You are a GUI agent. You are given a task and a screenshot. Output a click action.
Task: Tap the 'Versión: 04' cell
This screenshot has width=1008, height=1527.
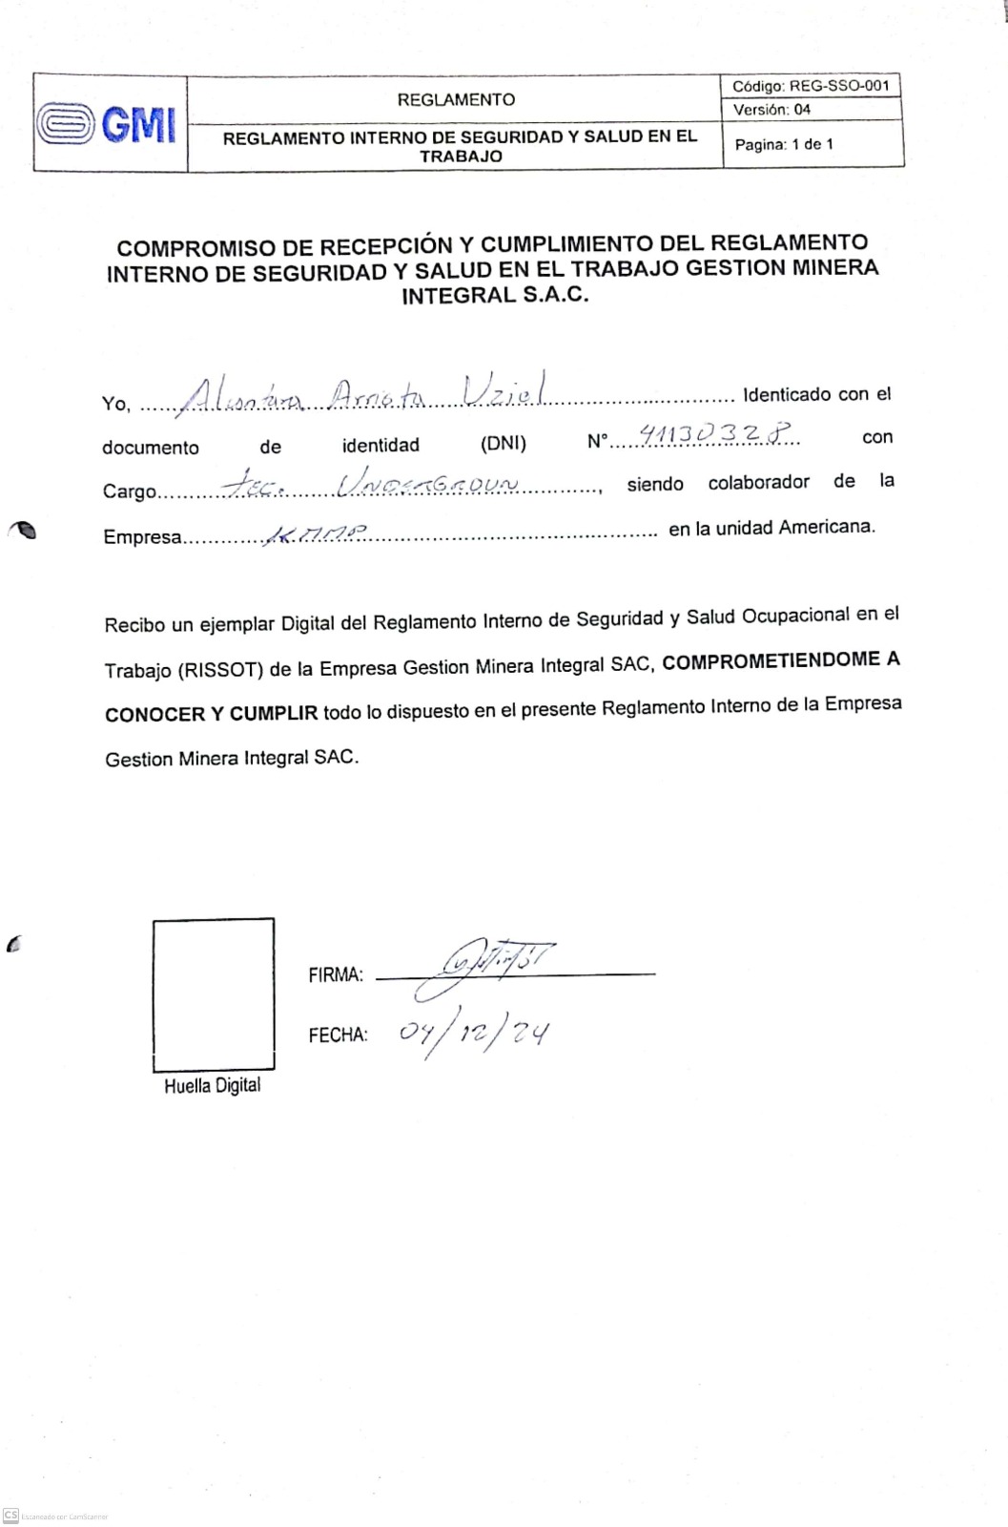(x=771, y=110)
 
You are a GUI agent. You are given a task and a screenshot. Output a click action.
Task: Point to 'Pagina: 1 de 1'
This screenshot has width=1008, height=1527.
(x=784, y=145)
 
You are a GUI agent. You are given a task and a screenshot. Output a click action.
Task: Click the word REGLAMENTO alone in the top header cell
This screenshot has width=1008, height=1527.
(x=456, y=100)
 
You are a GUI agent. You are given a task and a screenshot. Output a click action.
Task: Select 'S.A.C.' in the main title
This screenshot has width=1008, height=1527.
(x=555, y=295)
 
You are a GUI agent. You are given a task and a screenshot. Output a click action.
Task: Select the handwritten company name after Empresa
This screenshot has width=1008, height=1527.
(x=314, y=534)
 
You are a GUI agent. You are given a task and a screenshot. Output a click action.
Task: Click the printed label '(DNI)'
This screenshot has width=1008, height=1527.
(x=503, y=444)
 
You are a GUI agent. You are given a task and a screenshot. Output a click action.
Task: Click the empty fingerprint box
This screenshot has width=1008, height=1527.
(x=214, y=994)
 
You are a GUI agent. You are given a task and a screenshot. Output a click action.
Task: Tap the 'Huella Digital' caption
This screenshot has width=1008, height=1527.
(x=212, y=1086)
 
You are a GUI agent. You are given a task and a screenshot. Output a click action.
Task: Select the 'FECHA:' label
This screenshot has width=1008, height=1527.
(x=338, y=1035)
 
